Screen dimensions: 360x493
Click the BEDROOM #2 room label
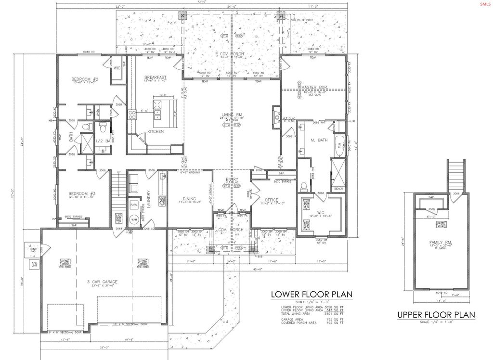click(x=85, y=79)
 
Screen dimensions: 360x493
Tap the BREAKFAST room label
click(x=155, y=77)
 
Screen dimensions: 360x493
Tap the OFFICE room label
click(x=272, y=200)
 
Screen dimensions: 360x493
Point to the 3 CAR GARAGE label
click(x=102, y=282)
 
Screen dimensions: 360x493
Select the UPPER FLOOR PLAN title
click(x=436, y=316)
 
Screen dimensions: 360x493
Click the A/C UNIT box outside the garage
click(x=34, y=264)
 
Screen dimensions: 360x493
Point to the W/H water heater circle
click(x=134, y=221)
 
